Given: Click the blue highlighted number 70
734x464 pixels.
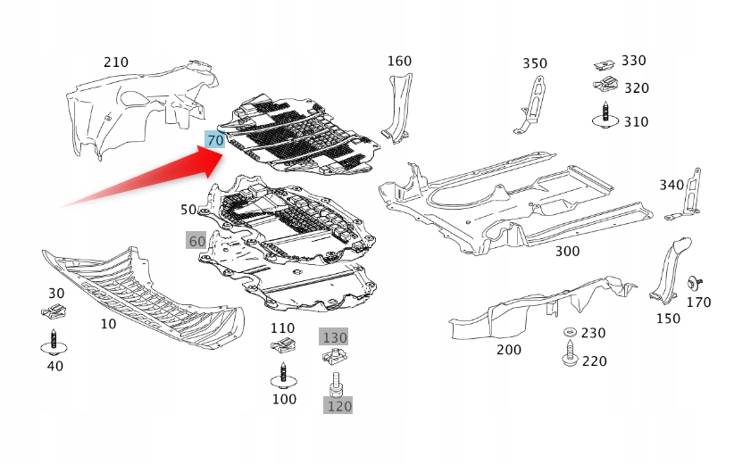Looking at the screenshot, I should [x=215, y=140].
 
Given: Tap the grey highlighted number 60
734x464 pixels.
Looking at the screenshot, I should [x=196, y=240].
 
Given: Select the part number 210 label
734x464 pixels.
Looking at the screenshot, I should [x=116, y=62].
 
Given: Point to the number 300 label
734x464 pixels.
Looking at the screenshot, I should [x=567, y=252].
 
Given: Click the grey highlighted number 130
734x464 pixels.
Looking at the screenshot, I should [x=335, y=337].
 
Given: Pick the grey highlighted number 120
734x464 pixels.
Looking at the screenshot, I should [x=338, y=406].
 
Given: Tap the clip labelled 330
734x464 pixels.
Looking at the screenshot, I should [x=605, y=64].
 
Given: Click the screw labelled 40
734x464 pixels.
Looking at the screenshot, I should [x=55, y=340].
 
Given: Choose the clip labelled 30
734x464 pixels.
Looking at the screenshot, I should [x=55, y=311].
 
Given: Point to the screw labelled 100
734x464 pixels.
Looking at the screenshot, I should [x=283, y=373].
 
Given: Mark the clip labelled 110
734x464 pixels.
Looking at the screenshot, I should [x=283, y=344].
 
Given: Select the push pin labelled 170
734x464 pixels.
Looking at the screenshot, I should [x=694, y=283].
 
